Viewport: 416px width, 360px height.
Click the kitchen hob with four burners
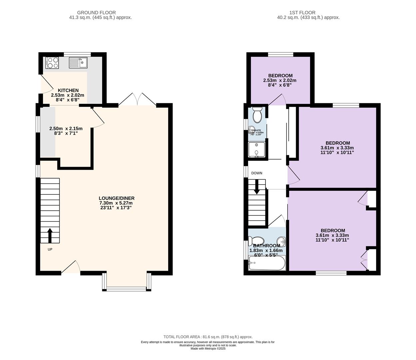[52, 63]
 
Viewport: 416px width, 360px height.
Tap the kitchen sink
[78, 62]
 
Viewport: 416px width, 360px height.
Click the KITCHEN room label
[68, 90]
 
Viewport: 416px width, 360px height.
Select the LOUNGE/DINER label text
[117, 198]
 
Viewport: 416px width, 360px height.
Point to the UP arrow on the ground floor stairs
[50, 235]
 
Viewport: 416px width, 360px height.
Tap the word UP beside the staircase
[50, 249]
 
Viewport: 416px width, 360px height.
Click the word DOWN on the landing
[257, 173]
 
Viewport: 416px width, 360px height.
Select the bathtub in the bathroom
[267, 264]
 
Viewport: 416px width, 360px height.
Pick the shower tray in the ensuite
[257, 149]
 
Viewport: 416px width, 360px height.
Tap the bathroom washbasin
[281, 241]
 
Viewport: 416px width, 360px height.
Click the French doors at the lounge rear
[138, 99]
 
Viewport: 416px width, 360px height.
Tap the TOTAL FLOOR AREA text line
[208, 337]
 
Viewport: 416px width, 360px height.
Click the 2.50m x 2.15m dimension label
[66, 129]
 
